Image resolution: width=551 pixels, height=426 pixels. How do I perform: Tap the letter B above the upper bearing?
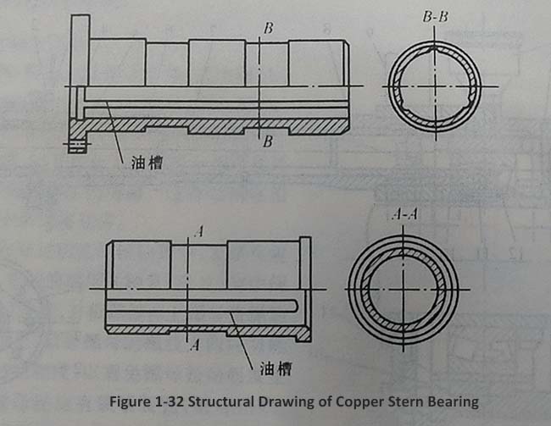268,29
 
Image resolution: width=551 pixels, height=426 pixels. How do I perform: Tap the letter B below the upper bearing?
268,141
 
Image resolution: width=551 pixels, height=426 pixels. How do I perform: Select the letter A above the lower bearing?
198,230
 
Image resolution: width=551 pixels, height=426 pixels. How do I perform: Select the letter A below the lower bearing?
198,345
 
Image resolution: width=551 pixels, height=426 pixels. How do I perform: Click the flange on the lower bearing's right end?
305,288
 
